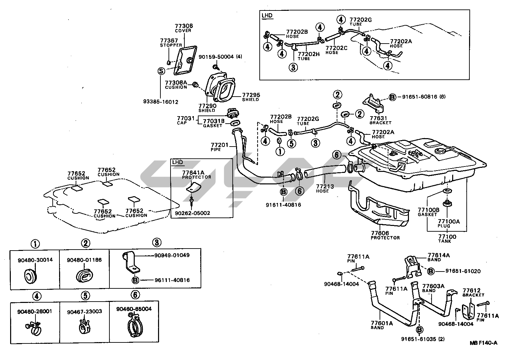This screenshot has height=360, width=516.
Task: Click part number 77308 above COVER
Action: pos(183,26)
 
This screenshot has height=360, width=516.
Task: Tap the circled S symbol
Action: pos(161,71)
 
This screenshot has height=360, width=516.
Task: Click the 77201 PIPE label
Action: pos(220,147)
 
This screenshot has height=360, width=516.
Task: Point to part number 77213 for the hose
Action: pos(325,186)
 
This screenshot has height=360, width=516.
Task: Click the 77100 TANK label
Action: pos(447,238)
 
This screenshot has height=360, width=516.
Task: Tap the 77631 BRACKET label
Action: pos(380,120)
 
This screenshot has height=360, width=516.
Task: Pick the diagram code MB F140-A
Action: pos(483,343)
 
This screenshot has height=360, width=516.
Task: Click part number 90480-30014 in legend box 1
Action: pos(35,260)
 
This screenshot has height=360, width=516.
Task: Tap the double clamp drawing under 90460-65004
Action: pos(134,326)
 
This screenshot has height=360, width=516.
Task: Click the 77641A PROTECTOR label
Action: pos(196,174)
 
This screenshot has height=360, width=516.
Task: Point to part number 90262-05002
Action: pos(192,213)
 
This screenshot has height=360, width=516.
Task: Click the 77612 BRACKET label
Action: pos(473,292)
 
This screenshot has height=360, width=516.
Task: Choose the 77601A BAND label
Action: pos(382,325)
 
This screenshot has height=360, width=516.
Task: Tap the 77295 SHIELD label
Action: pos(250,97)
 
